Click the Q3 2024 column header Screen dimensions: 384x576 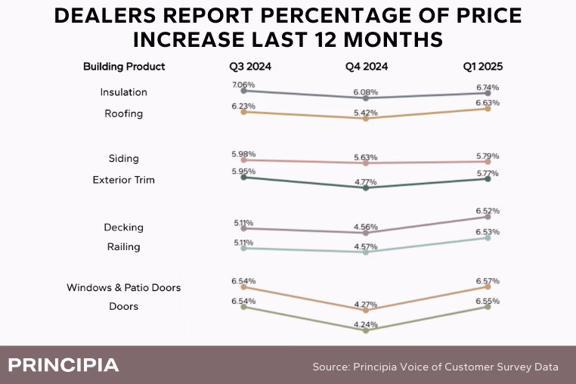[250, 67]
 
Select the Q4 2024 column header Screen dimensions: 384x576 [367, 67]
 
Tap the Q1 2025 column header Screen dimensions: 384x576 [483, 67]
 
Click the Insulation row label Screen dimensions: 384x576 [123, 92]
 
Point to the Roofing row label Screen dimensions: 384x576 [124, 113]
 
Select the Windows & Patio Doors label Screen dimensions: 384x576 [123, 287]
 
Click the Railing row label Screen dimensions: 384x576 [123, 246]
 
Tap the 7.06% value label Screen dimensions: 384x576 [243, 85]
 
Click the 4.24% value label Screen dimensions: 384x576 [365, 325]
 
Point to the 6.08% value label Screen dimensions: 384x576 [365, 92]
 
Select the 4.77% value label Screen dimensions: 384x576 [365, 181]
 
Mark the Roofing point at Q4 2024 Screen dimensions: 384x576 [366, 119]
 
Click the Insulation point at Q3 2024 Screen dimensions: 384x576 [243, 91]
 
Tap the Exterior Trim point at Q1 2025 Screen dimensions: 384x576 [488, 178]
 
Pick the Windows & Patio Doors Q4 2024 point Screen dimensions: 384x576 [366, 309]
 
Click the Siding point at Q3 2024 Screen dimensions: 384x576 [243, 160]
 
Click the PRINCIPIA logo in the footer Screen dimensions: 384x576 [63, 366]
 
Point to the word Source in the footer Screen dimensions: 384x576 [330, 367]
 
